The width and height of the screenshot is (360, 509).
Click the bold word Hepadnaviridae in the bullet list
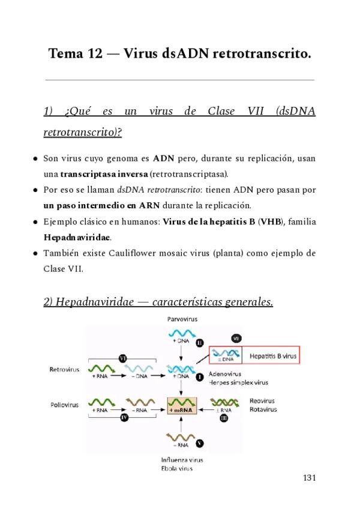(x=67, y=237)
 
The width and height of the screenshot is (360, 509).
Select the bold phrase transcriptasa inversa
(x=103, y=174)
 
